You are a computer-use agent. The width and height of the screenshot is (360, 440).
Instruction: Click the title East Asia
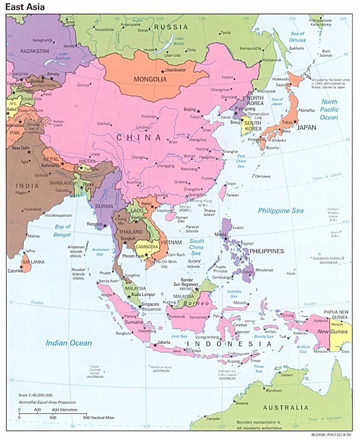pyautogui.click(x=25, y=7)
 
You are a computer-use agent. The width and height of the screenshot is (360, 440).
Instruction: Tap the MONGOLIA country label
pyautogui.click(x=150, y=79)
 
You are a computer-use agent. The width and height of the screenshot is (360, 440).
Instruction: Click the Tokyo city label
pyautogui.click(x=287, y=122)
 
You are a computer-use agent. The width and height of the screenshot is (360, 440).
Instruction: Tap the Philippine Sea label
pyautogui.click(x=280, y=210)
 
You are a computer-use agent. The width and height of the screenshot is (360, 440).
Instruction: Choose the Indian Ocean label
pyautogui.click(x=69, y=343)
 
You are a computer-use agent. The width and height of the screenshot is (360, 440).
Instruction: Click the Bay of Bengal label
pyautogui.click(x=62, y=230)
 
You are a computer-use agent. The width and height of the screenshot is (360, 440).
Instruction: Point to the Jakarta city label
pyautogui.click(x=164, y=342)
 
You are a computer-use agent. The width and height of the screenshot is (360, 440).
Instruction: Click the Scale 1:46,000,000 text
pyautogui.click(x=35, y=395)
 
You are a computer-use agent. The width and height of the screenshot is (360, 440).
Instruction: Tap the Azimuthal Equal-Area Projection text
pyautogui.click(x=46, y=401)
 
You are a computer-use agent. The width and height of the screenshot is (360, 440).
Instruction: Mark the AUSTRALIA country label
pyautogui.click(x=285, y=407)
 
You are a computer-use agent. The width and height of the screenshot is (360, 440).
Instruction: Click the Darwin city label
pyautogui.click(x=287, y=375)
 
